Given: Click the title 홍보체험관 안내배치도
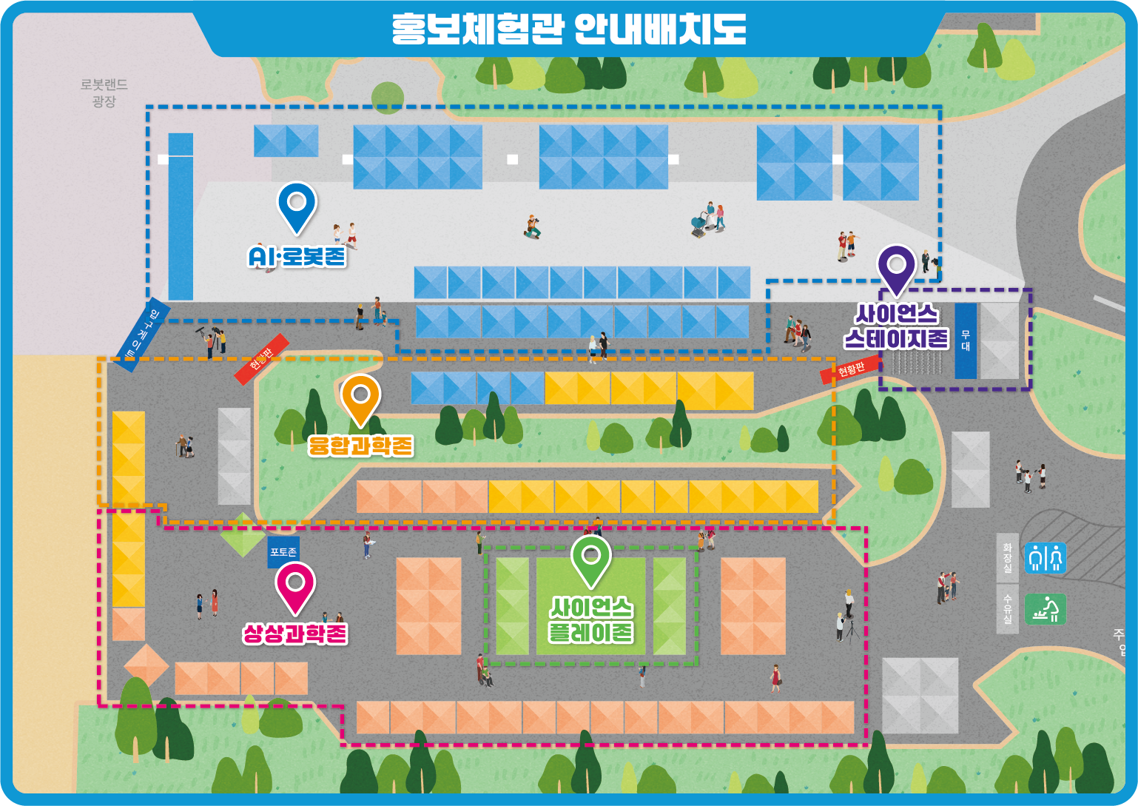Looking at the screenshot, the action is (x=568, y=30).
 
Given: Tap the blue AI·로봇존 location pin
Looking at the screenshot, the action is (x=297, y=206).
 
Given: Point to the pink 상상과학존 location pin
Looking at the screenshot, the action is (x=295, y=587).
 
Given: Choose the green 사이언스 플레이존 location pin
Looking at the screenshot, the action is (x=590, y=560).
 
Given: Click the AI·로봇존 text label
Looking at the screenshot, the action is (x=297, y=257).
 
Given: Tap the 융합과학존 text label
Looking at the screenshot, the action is (x=360, y=446).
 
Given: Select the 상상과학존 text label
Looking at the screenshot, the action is (x=295, y=634).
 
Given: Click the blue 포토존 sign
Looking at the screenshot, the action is (x=283, y=552).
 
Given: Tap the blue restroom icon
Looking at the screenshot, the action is (x=1046, y=557).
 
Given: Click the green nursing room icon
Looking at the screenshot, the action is (x=1046, y=609).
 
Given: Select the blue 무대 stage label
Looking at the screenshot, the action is (x=966, y=340).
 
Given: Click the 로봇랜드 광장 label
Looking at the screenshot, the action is (x=104, y=93).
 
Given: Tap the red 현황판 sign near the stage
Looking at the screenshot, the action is (x=851, y=369).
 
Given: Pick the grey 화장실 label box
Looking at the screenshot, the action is (x=1007, y=557).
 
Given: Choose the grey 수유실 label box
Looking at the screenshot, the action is (x=1007, y=608).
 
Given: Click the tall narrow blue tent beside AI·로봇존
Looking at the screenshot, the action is (x=181, y=216).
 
